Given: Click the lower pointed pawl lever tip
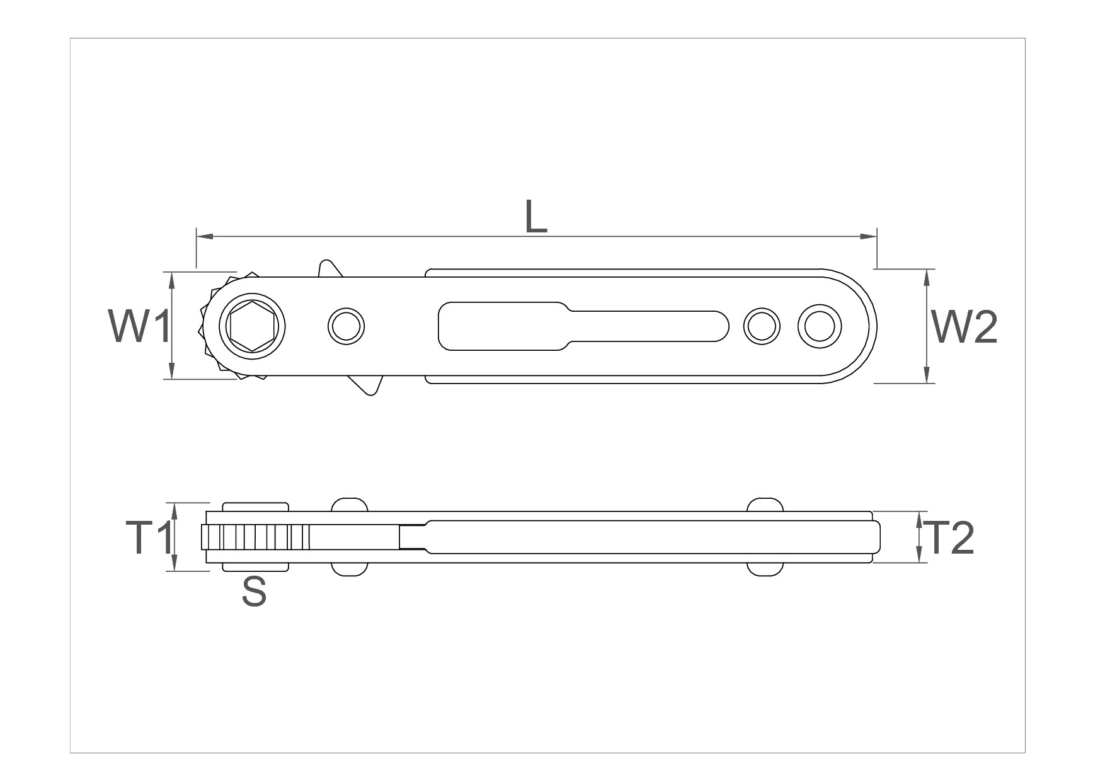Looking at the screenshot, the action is [372, 392].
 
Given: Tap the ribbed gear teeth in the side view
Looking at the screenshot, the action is [255, 537].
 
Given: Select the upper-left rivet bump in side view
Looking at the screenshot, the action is [348, 505].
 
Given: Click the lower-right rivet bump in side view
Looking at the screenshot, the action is [765, 568].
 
